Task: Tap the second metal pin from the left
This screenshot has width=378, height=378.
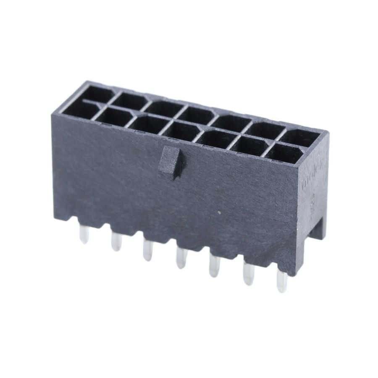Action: coord(115,241)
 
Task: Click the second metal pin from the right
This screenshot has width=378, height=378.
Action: coord(249,276)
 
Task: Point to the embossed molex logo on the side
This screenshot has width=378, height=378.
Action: coord(310,178)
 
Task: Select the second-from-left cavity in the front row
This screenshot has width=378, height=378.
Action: coord(113,117)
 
